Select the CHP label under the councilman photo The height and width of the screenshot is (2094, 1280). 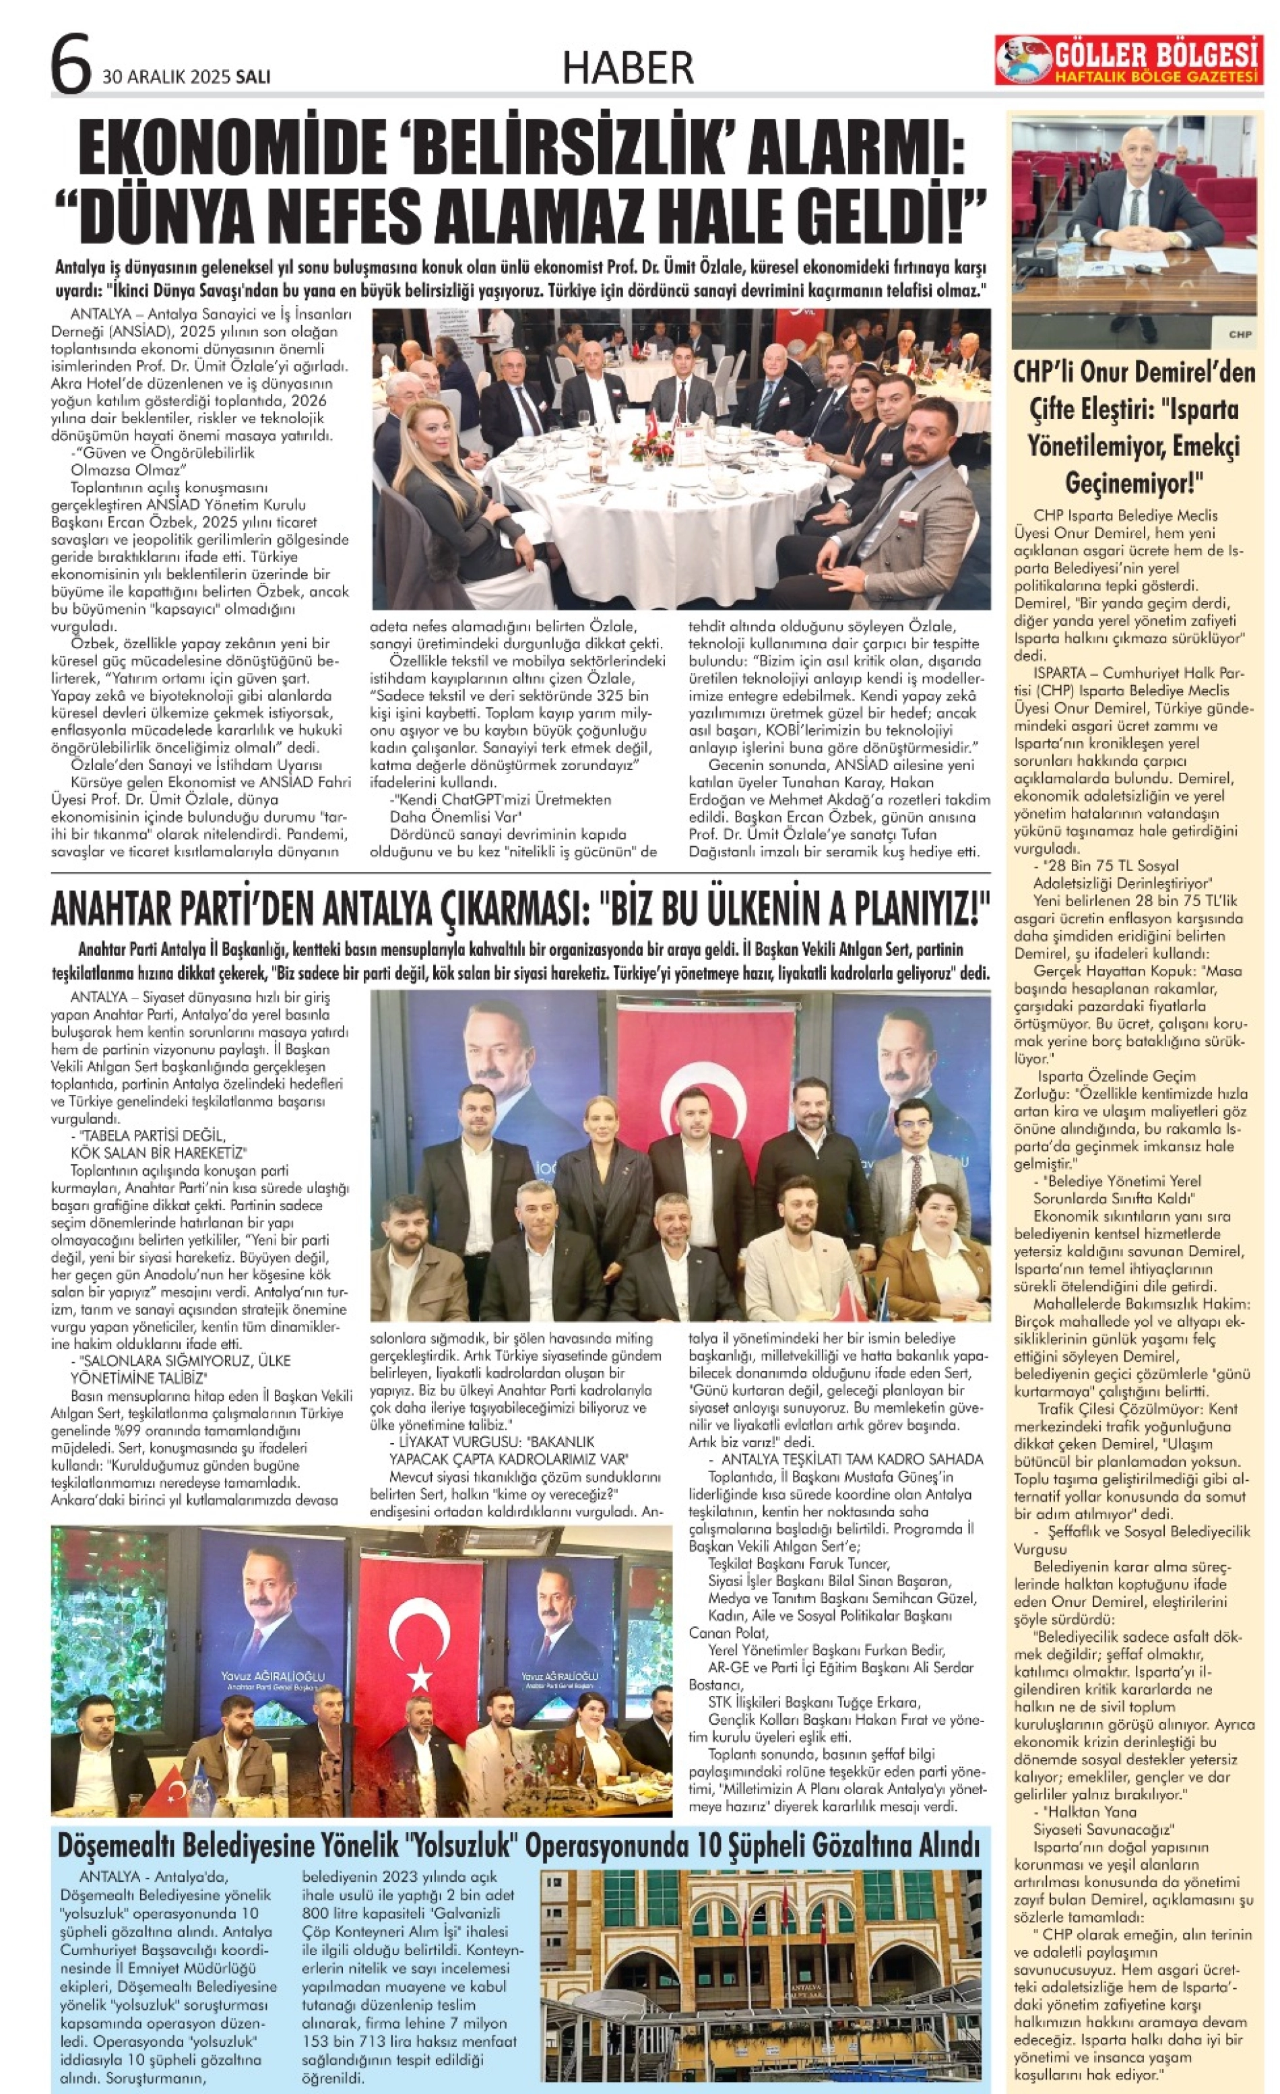pyautogui.click(x=1239, y=334)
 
